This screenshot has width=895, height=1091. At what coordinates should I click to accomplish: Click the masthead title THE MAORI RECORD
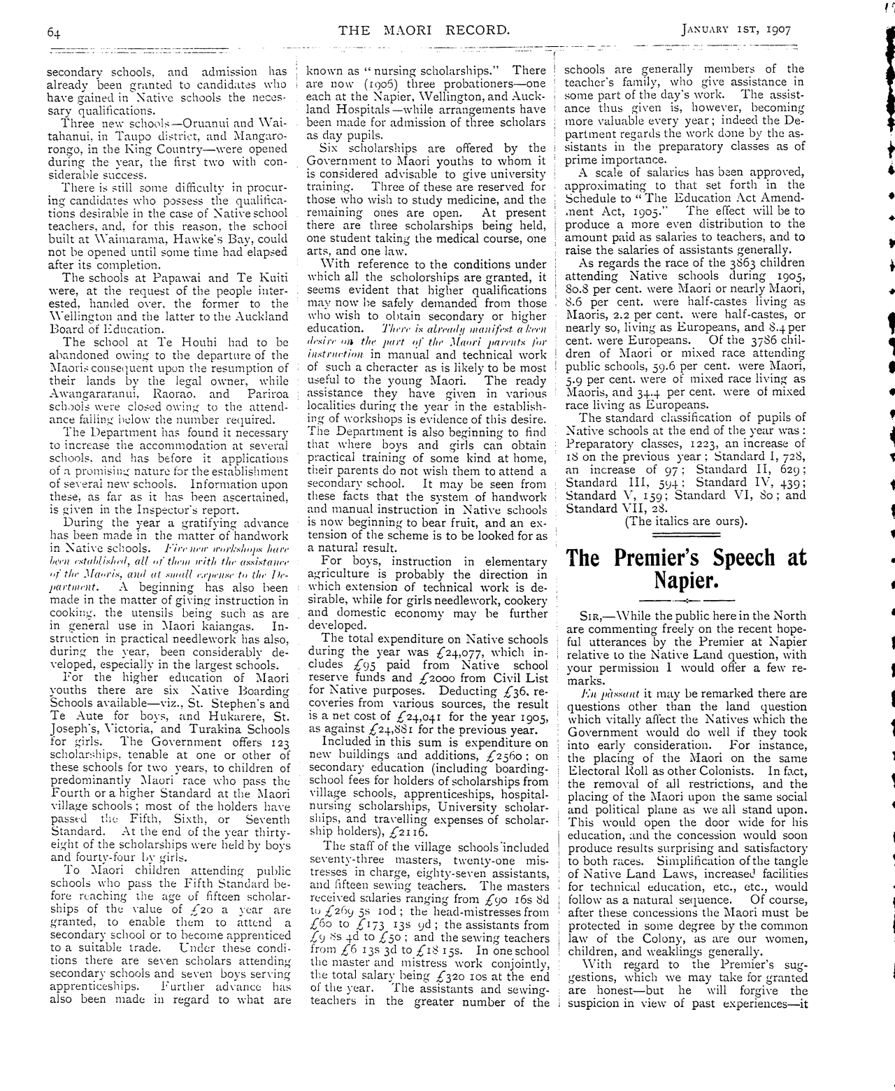pos(424,30)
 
